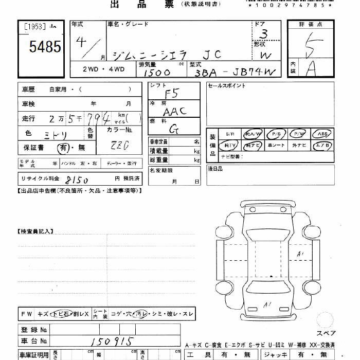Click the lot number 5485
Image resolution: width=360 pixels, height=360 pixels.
[45, 47]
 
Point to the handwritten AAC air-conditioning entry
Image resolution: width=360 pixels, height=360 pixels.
[174, 110]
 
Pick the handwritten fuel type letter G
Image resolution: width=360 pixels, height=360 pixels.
[174, 129]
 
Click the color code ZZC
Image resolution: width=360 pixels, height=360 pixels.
[120, 145]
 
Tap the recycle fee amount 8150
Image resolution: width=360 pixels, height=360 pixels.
[77, 180]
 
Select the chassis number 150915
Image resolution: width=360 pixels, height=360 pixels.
[110, 341]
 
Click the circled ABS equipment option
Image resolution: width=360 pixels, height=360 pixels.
[322, 134]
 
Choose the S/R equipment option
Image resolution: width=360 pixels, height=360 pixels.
[229, 134]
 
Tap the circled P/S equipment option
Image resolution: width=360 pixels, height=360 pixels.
[276, 134]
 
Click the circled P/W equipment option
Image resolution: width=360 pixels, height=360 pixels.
[299, 134]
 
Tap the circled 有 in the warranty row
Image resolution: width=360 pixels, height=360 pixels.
[62, 148]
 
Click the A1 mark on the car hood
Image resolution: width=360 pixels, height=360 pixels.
[268, 304]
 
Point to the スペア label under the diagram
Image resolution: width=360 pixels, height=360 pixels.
[326, 333]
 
